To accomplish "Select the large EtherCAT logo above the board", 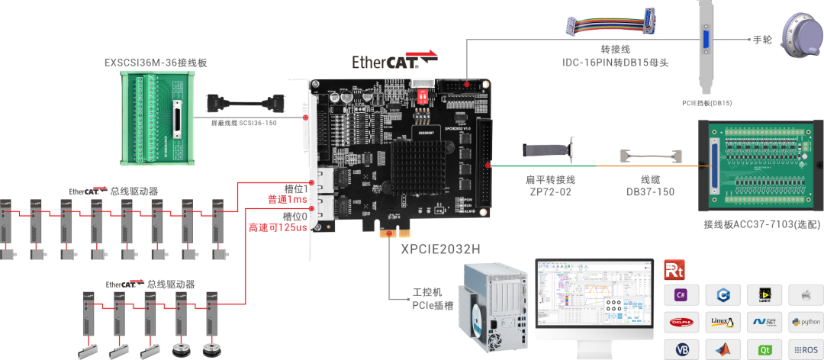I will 395,60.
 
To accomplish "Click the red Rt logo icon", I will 674,268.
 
